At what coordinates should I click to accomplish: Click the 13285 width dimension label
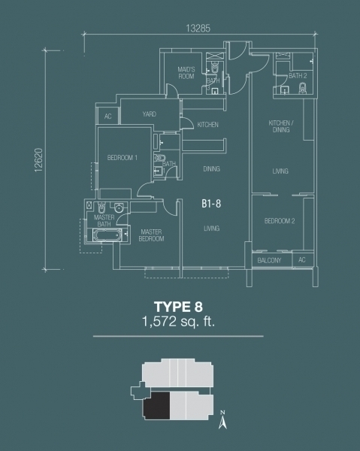(198, 29)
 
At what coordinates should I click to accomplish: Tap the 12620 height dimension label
(38, 160)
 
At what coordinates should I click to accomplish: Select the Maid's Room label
(186, 73)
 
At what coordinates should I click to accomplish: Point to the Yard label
(150, 114)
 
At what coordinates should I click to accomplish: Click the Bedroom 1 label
(123, 158)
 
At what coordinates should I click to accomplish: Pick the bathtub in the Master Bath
(107, 235)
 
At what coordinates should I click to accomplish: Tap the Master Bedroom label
(151, 235)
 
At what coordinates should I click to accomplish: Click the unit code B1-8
(211, 204)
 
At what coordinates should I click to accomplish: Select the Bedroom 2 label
(280, 221)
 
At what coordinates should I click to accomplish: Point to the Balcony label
(269, 261)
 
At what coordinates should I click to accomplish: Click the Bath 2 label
(298, 76)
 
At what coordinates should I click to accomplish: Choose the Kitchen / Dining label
(281, 126)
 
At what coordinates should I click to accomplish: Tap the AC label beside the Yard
(107, 117)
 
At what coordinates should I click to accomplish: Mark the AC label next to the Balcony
(301, 260)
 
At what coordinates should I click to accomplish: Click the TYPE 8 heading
(178, 307)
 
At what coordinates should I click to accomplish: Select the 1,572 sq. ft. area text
(179, 321)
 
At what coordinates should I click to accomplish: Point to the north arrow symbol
(222, 420)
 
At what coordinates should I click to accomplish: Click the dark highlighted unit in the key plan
(157, 406)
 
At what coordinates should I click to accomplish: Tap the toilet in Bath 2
(302, 88)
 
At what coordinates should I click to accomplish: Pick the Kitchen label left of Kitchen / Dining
(207, 125)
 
